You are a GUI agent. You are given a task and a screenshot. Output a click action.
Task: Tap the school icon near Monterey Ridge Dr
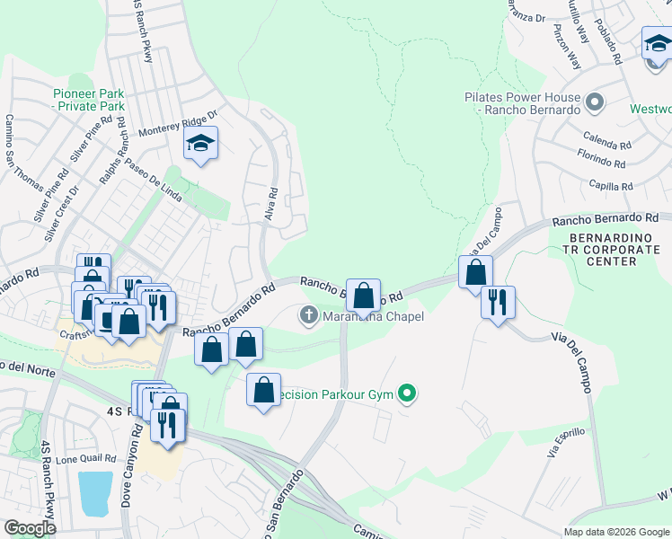pyautogui.click(x=200, y=144)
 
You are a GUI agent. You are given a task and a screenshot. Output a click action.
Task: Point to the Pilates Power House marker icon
pyautogui.click(x=594, y=102)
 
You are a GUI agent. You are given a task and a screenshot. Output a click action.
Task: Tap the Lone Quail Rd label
pyautogui.click(x=86, y=458)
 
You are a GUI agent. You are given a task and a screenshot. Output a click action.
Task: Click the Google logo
pyautogui.click(x=30, y=528)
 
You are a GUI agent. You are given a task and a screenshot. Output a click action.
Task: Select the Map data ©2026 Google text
pyautogui.click(x=615, y=532)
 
